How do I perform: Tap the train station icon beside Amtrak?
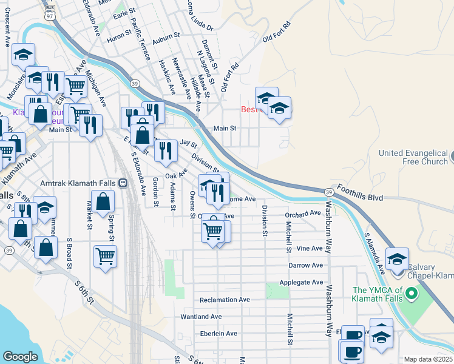[x=123, y=183]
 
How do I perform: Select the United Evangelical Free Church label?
[x=413, y=158]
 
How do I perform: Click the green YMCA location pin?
[x=411, y=294]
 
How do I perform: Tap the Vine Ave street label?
[x=310, y=249]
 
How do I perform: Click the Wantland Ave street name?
[x=202, y=317]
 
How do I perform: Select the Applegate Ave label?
[x=301, y=283]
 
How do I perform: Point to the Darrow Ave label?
[x=305, y=265]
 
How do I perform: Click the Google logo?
[x=20, y=357]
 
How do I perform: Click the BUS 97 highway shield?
[x=50, y=9]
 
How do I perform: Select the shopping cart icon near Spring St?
[x=106, y=256]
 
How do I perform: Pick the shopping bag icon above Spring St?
[x=104, y=201]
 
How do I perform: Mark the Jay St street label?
[x=189, y=144]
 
